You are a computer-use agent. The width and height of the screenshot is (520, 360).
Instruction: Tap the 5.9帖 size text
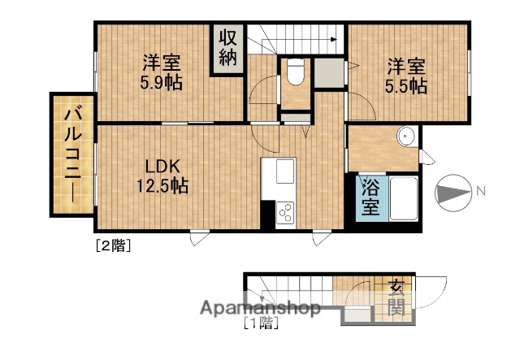160,83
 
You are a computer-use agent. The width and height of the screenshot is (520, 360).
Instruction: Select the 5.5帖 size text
407,85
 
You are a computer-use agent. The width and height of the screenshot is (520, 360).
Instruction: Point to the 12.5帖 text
162,187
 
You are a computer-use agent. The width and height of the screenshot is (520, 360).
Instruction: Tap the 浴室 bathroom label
370,197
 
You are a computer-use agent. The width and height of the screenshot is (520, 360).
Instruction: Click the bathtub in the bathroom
404,197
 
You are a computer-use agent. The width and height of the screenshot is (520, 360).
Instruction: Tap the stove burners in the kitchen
287,212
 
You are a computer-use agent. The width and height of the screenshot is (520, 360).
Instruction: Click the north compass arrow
454,193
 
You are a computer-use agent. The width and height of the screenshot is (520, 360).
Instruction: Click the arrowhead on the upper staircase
334,38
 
